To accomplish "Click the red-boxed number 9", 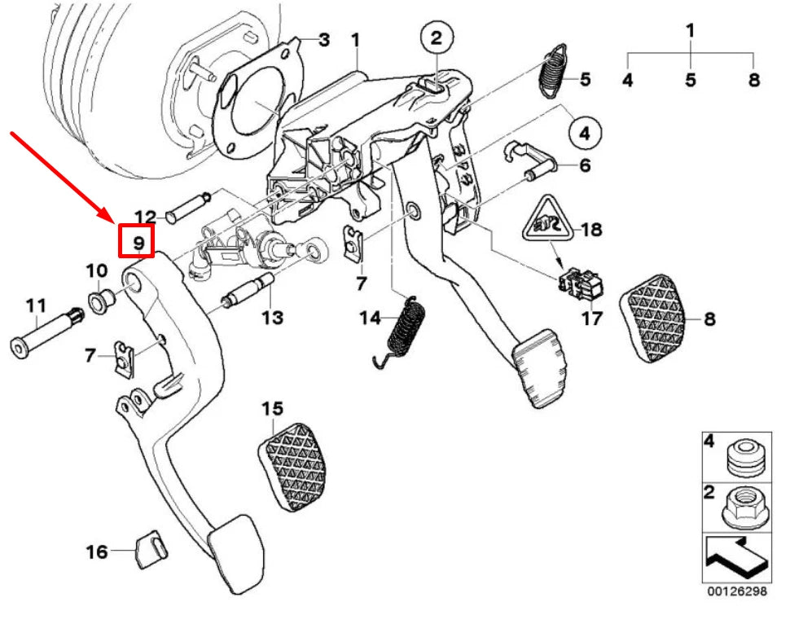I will point(138,242).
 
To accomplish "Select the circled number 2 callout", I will point(436,37).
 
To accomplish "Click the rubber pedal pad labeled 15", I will point(289,465).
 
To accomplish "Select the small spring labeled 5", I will point(555,73).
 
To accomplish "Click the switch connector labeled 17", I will point(581,283).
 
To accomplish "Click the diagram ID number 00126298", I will point(736,592).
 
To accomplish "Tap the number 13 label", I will point(272,317).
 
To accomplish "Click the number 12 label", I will point(145,217).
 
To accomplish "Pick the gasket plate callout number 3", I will point(323,38).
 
